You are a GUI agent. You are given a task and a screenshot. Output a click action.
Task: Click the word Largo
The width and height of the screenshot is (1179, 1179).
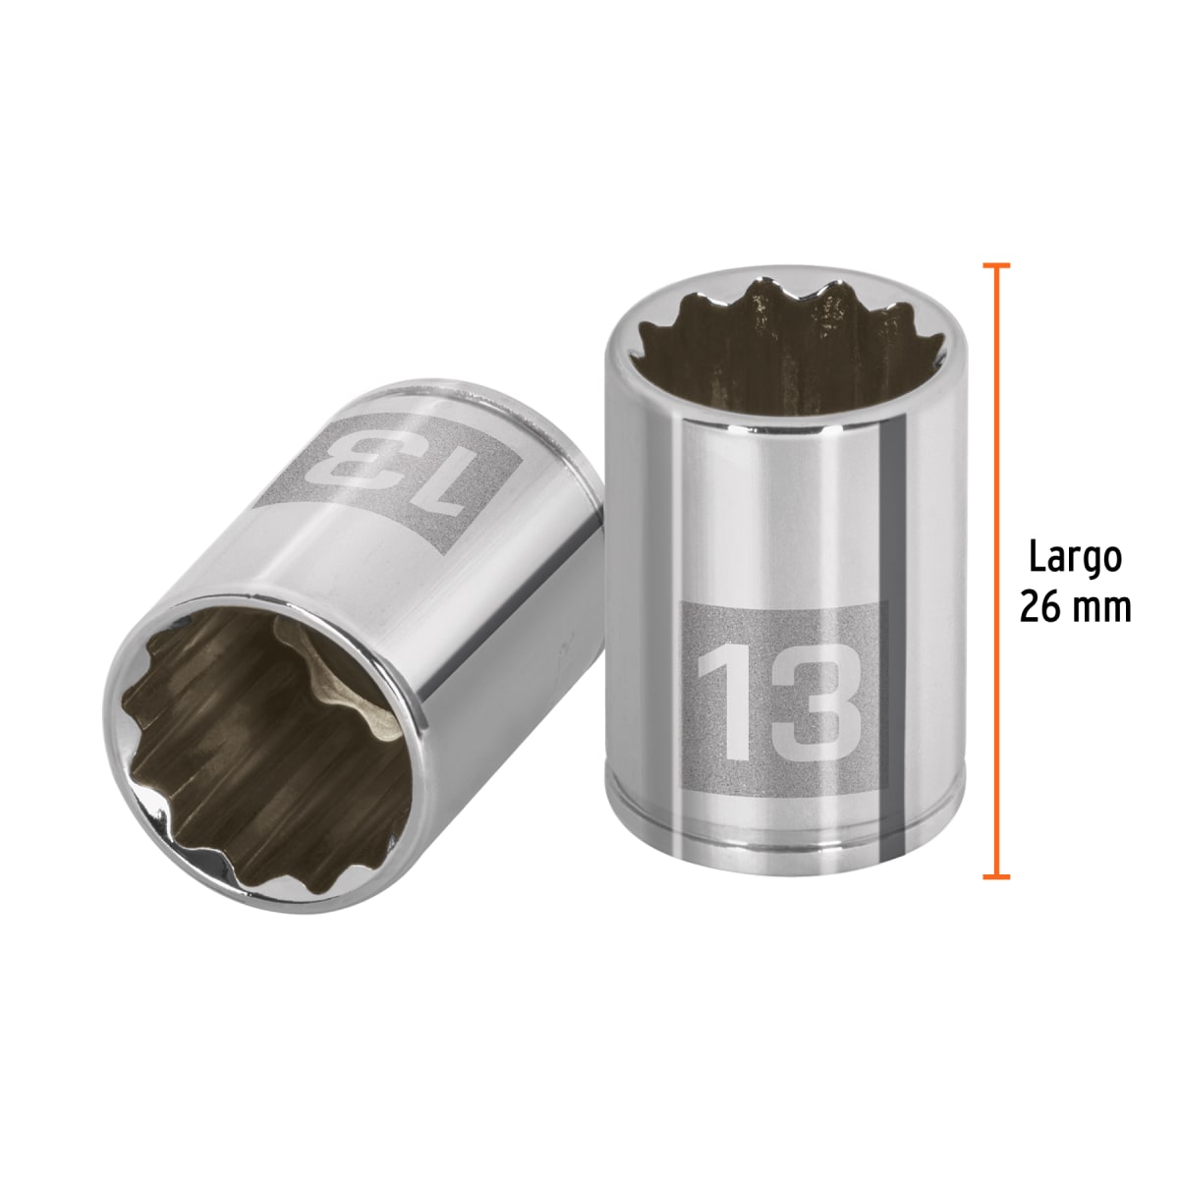pyautogui.click(x=1074, y=558)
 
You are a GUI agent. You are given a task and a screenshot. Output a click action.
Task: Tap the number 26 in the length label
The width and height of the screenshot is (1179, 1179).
pyautogui.click(x=1039, y=607)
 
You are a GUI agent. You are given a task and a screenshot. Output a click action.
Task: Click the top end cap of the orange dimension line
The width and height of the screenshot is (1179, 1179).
pyautogui.click(x=996, y=265)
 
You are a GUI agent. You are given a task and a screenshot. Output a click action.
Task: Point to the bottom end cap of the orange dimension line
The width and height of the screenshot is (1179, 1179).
pyautogui.click(x=996, y=874)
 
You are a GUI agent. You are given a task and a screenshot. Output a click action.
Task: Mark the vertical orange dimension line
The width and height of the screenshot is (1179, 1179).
pyautogui.click(x=996, y=570)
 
